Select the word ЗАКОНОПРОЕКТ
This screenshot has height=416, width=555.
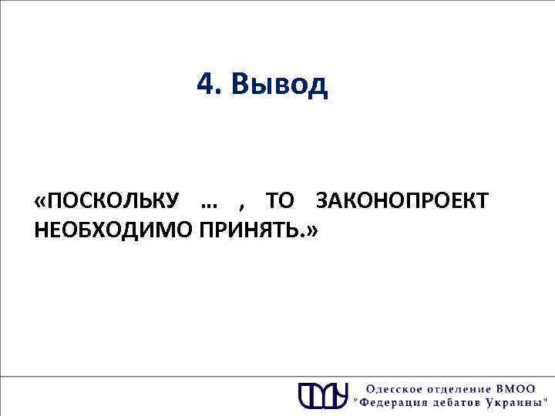[x=402, y=203]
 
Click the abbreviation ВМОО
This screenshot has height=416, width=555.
[x=523, y=387]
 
